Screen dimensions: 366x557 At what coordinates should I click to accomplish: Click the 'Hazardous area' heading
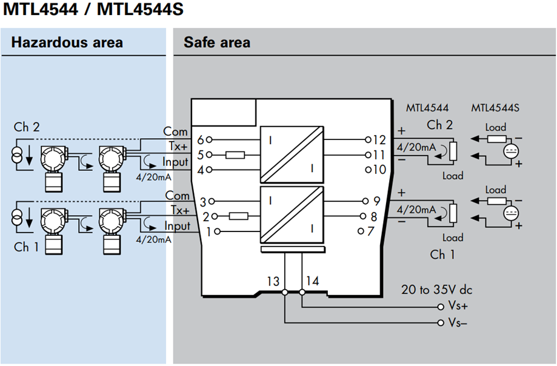click(x=67, y=42)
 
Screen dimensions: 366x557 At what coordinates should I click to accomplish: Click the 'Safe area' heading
click(x=217, y=42)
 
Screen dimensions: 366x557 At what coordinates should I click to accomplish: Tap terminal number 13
click(x=273, y=281)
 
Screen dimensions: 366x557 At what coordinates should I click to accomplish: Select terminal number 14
click(x=312, y=281)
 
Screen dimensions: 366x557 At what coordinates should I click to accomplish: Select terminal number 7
click(x=371, y=231)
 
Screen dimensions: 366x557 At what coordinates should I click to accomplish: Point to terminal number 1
click(x=209, y=231)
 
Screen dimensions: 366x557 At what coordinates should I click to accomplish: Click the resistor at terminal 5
click(x=235, y=155)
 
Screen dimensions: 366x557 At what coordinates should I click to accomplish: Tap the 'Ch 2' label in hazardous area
click(x=27, y=127)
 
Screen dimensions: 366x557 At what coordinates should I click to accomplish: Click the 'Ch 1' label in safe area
click(x=442, y=255)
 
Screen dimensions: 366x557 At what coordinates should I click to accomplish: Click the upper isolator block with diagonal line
click(x=289, y=155)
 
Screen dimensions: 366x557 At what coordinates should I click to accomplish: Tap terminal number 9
click(x=376, y=201)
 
